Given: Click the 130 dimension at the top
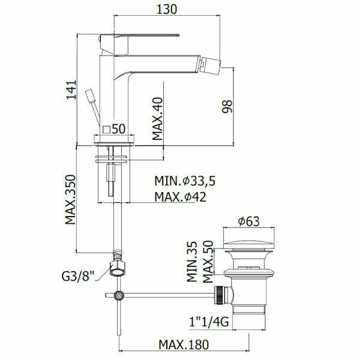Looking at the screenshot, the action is [x=167, y=10].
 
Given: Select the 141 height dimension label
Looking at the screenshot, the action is [x=71, y=90].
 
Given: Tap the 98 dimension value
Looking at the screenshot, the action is [x=227, y=107].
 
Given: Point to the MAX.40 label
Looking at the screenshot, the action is [x=157, y=119].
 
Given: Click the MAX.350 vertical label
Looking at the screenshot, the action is [x=70, y=200].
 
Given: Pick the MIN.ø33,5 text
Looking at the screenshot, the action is [x=185, y=181].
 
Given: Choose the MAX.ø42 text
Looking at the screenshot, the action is [x=180, y=197].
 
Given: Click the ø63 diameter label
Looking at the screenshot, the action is [x=248, y=221].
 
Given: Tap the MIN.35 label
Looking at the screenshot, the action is [x=192, y=262].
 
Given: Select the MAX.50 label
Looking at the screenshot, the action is [x=208, y=262].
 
